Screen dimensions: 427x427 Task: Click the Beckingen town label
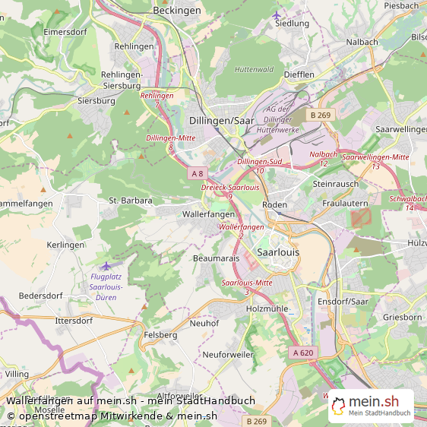pyautogui.click(x=177, y=11)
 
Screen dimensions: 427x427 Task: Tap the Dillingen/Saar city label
pyautogui.click(x=222, y=120)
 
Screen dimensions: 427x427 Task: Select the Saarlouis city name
pyautogui.click(x=279, y=251)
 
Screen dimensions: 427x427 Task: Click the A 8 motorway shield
pyautogui.click(x=198, y=173)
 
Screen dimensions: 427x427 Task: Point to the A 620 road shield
pyautogui.click(x=302, y=353)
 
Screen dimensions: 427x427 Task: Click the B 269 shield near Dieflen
pyautogui.click(x=319, y=115)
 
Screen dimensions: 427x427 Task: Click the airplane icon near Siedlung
pyautogui.click(x=276, y=14)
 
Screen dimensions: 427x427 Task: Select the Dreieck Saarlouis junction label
pyautogui.click(x=229, y=187)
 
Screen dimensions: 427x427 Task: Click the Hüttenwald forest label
pyautogui.click(x=254, y=69)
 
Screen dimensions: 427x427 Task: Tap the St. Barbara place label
pyautogui.click(x=131, y=201)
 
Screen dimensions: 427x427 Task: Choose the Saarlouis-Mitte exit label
pyautogui.click(x=247, y=283)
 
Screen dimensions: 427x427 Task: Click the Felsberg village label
pyautogui.click(x=160, y=334)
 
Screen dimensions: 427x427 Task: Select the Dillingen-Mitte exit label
pyautogui.click(x=171, y=138)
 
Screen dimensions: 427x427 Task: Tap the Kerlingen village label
pyautogui.click(x=65, y=245)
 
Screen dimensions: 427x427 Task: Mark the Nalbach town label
pyautogui.click(x=362, y=41)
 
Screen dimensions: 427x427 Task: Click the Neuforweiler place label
pyautogui.click(x=227, y=355)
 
